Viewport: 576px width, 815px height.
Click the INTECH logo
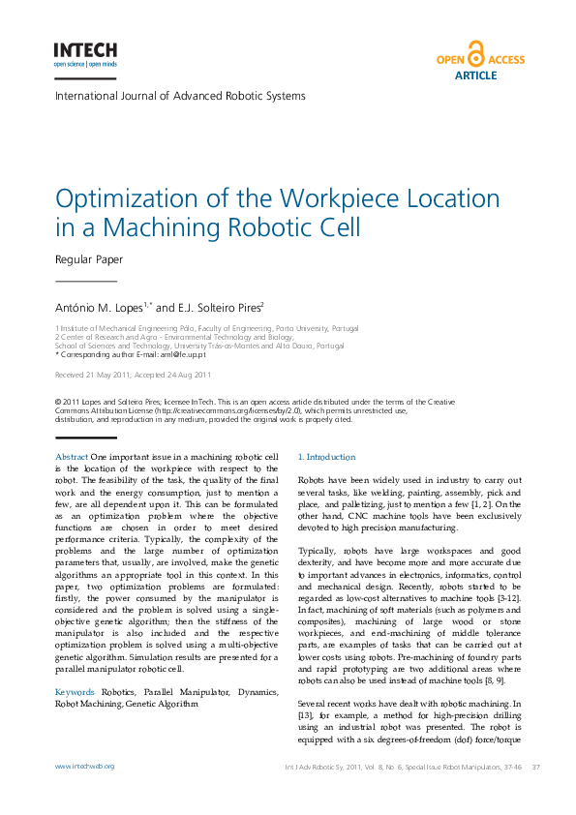85,50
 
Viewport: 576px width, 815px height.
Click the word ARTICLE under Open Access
475,75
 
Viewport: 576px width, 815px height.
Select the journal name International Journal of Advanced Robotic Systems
180,96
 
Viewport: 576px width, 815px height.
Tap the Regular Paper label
89,259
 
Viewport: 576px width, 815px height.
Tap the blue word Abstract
72,457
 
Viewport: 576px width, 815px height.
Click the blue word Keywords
75,693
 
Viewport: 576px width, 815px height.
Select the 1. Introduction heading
326,457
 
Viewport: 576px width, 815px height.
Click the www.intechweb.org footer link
85,767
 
